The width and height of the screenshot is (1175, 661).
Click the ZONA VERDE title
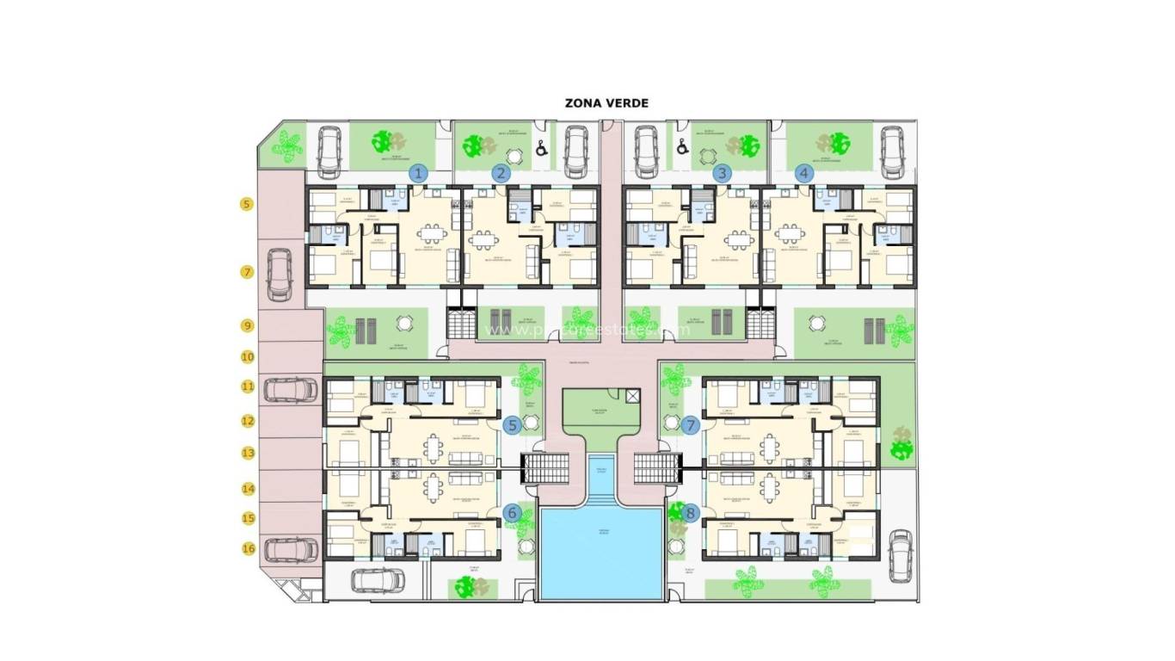click(x=606, y=103)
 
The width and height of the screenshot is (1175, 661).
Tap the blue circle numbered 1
click(x=419, y=173)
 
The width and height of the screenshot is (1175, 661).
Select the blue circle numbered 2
click(x=501, y=173)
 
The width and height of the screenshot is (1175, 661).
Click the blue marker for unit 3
click(x=723, y=173)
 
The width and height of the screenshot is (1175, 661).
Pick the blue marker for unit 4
click(x=804, y=173)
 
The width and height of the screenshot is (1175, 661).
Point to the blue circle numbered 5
click(x=513, y=424)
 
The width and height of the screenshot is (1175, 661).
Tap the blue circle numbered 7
click(x=690, y=424)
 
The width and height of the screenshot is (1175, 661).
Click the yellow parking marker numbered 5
click(x=247, y=205)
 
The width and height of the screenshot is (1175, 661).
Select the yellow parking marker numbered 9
click(x=247, y=326)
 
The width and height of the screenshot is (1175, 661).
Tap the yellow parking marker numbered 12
click(x=248, y=422)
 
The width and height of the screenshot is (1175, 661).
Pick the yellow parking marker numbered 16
click(x=248, y=548)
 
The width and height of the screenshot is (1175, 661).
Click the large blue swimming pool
click(x=601, y=551)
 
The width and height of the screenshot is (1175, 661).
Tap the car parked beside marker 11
click(x=291, y=390)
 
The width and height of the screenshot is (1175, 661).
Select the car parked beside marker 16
click(x=291, y=549)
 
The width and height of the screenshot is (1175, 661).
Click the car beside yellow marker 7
click(x=279, y=275)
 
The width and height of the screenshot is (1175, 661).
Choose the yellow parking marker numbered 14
click(x=248, y=488)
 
